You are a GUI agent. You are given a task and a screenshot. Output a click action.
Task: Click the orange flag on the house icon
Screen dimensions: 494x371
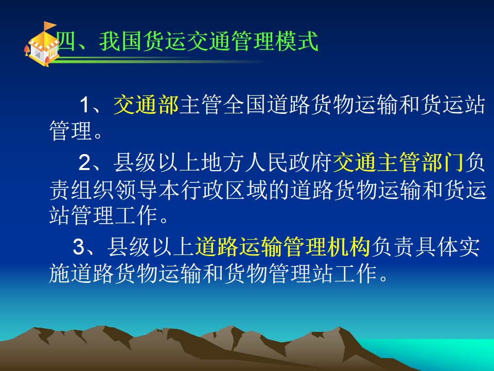click(x=49, y=26)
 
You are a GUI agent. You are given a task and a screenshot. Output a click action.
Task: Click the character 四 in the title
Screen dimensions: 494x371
click(x=66, y=41)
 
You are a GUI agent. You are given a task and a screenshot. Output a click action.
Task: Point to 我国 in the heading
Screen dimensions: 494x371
click(x=120, y=41)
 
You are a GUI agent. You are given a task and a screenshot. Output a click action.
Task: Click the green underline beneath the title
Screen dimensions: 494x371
click(x=157, y=60)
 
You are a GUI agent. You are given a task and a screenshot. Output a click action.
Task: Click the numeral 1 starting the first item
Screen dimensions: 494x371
click(x=85, y=105)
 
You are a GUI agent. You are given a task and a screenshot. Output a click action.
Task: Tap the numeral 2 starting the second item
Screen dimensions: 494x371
click(x=84, y=163)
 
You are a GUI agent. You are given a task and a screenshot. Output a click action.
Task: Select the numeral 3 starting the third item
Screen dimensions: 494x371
click(x=79, y=247)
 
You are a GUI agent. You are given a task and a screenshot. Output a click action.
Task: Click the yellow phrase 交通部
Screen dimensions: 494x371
click(x=146, y=105)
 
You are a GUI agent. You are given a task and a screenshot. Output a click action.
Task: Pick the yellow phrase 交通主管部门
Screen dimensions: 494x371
click(x=398, y=163)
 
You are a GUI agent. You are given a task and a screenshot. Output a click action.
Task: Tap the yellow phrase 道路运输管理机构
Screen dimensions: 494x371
click(x=283, y=246)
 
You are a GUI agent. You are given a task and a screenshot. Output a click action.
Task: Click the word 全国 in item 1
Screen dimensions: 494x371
click(x=244, y=105)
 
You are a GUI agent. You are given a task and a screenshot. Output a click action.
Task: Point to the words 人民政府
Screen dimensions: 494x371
click(x=289, y=163)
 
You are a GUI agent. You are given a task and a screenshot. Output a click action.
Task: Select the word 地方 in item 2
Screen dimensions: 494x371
click(x=223, y=163)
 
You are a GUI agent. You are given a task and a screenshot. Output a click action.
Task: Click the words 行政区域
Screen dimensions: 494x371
click(x=224, y=191)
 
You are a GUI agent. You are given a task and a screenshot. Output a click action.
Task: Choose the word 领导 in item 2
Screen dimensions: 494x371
click(x=136, y=191)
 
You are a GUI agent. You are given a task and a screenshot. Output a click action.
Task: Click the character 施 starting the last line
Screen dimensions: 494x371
click(x=59, y=273)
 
